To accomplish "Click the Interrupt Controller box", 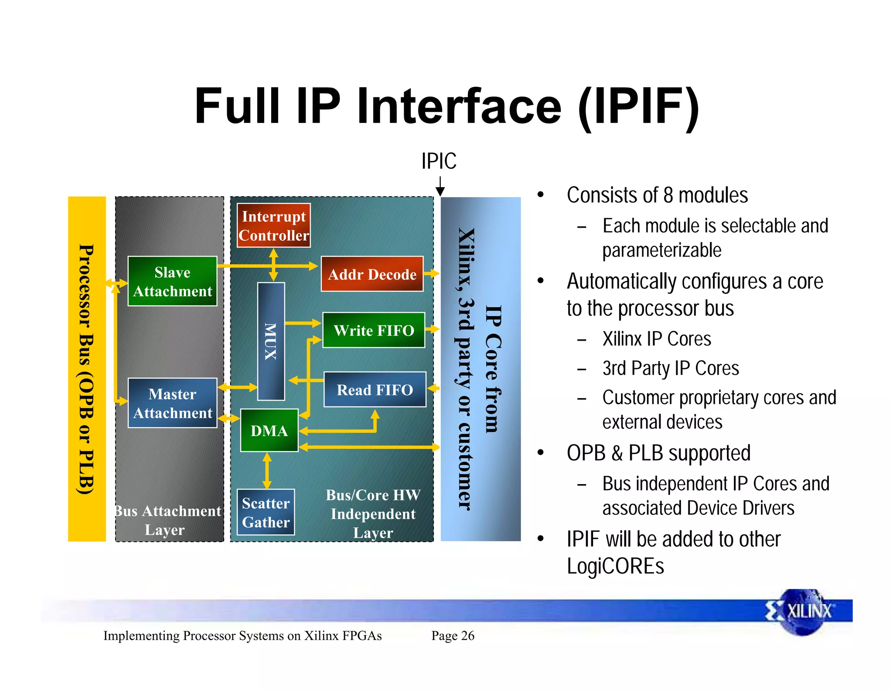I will click(x=273, y=225).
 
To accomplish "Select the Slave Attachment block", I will click(x=172, y=281).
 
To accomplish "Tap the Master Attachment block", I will click(x=172, y=403).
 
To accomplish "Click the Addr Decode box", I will click(x=372, y=274).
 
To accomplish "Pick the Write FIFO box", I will click(x=374, y=330).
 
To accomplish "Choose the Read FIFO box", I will click(x=375, y=389).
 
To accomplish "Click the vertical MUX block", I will click(x=271, y=342).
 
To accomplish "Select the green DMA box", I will click(x=269, y=430).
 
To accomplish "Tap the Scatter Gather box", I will click(x=266, y=512).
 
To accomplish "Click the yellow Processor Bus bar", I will click(x=87, y=369).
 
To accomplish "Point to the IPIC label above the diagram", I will click(x=439, y=161).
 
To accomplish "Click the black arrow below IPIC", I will click(x=440, y=187).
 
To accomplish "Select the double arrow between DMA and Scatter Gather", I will click(x=267, y=471).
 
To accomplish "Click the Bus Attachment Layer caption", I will click(x=168, y=520).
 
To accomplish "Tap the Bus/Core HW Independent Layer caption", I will click(x=373, y=514).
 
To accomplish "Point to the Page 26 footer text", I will click(x=453, y=636).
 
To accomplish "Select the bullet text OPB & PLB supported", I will click(x=658, y=453).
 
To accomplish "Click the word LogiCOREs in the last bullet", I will click(x=615, y=566).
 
